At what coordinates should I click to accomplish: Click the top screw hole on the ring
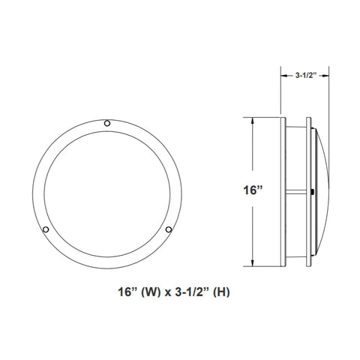coord(107,123)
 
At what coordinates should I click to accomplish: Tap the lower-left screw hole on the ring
coord(46,229)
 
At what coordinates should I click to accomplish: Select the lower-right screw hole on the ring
coord(169,229)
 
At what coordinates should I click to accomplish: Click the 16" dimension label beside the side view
coord(253,190)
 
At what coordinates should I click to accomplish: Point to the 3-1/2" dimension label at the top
coord(306,75)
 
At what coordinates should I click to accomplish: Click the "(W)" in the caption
coord(151,292)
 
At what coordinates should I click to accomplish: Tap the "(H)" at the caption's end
coord(221,292)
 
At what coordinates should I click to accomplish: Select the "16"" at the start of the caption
coord(127,292)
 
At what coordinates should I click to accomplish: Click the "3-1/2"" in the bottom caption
coord(192,292)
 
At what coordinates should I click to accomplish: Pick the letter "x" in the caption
coord(167,293)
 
